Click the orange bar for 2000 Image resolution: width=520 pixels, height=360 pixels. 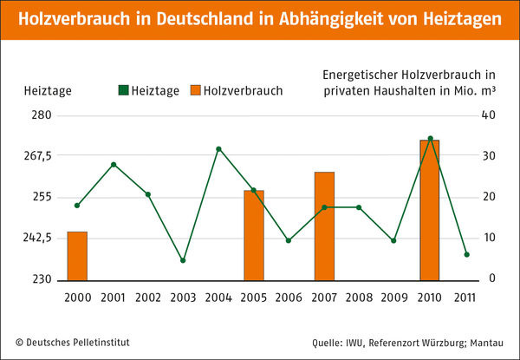pyautogui.click(x=77, y=256)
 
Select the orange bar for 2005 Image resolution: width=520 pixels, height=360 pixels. pyautogui.click(x=253, y=235)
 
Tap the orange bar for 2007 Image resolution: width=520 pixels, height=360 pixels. pyautogui.click(x=324, y=226)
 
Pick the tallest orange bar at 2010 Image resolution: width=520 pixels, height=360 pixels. pyautogui.click(x=429, y=210)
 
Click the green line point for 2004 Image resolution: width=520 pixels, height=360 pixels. pyautogui.click(x=218, y=148)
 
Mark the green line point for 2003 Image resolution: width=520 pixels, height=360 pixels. pyautogui.click(x=183, y=260)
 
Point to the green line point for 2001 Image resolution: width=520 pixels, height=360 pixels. pyautogui.click(x=113, y=164)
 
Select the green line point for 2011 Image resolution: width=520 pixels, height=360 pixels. pyautogui.click(x=465, y=254)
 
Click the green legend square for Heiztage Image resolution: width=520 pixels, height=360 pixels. pyautogui.click(x=123, y=90)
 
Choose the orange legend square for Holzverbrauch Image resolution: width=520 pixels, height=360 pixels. pyautogui.click(x=196, y=90)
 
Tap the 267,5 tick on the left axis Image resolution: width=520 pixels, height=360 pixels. pyautogui.click(x=38, y=156)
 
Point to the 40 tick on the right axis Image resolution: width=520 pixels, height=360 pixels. pyautogui.click(x=488, y=115)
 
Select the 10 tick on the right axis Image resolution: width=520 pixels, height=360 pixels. pyautogui.click(x=488, y=239)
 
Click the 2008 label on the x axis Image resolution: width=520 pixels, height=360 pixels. pyautogui.click(x=359, y=298)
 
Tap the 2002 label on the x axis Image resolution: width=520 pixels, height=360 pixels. pyautogui.click(x=147, y=298)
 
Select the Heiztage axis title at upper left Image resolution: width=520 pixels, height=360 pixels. pyautogui.click(x=42, y=90)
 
